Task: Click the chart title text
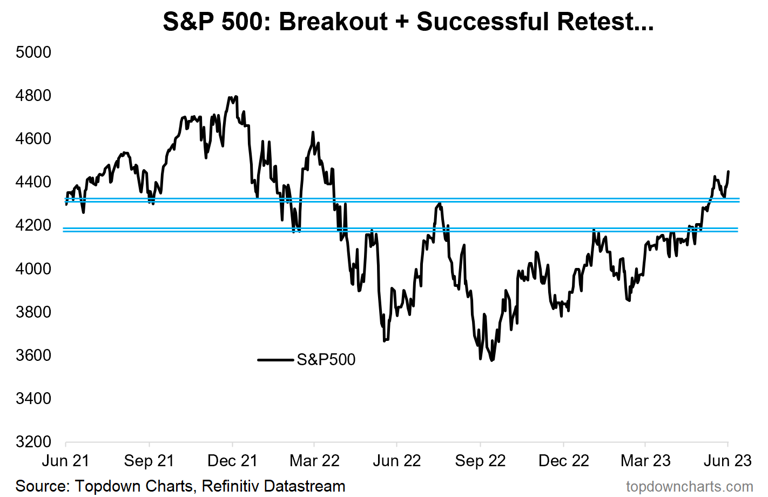pyautogui.click(x=408, y=22)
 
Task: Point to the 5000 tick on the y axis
pyautogui.click(x=33, y=52)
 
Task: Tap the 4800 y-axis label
pyautogui.click(x=33, y=96)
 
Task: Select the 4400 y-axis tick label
pyautogui.click(x=33, y=182)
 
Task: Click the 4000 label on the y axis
pyautogui.click(x=33, y=268)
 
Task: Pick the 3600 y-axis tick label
pyautogui.click(x=33, y=355)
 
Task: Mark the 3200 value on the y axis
pyautogui.click(x=33, y=442)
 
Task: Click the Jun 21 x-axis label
pyautogui.click(x=65, y=461)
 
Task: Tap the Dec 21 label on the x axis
pyautogui.click(x=232, y=461)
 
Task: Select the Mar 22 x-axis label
pyautogui.click(x=314, y=461)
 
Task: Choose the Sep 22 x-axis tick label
pyautogui.click(x=480, y=461)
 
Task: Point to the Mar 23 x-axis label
pyautogui.click(x=645, y=461)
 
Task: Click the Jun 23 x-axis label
pyautogui.click(x=727, y=461)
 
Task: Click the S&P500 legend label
pyautogui.click(x=326, y=360)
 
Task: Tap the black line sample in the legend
pyautogui.click(x=275, y=360)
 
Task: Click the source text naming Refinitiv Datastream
pyautogui.click(x=180, y=486)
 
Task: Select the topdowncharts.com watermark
pyautogui.click(x=689, y=487)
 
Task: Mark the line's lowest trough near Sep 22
pyautogui.click(x=491, y=360)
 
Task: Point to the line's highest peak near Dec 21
pyautogui.click(x=236, y=97)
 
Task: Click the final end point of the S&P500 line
pyautogui.click(x=728, y=172)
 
